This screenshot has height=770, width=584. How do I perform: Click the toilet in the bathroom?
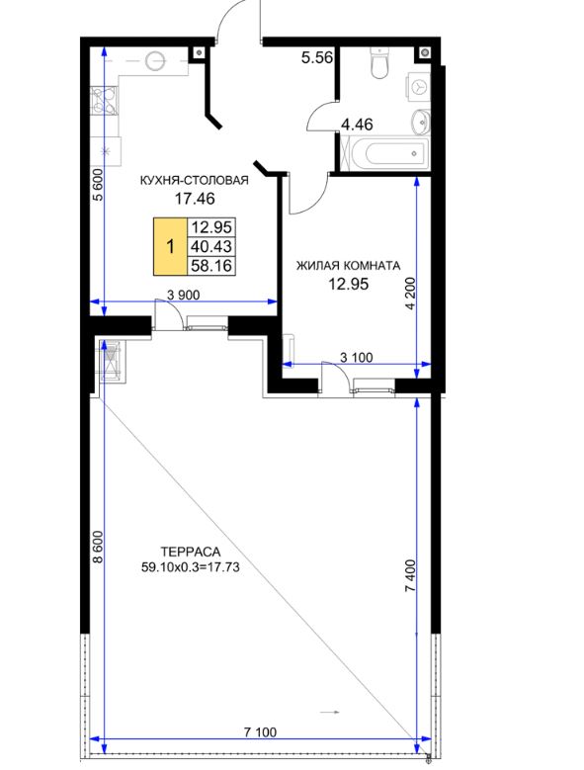[x=379, y=63]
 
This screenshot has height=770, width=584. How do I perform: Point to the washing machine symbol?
[x=418, y=88]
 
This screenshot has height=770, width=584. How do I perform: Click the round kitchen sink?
[x=156, y=61]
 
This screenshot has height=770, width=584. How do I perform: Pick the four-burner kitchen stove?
[x=105, y=101]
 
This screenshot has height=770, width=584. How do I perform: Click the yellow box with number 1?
[x=171, y=246]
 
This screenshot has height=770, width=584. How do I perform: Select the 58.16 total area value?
[x=211, y=266]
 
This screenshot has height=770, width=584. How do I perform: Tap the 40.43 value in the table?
[x=211, y=246]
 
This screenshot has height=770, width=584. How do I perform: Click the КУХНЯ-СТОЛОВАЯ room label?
[x=195, y=180]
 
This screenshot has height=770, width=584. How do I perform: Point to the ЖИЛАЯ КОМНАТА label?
[x=348, y=266]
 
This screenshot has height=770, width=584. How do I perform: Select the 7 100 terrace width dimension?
[x=261, y=732]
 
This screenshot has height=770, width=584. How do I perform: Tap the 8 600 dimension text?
[x=98, y=547]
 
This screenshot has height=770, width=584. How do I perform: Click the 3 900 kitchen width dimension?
[x=184, y=295]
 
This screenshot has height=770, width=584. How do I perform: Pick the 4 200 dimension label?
[x=410, y=294]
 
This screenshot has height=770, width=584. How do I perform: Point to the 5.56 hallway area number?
[x=317, y=58]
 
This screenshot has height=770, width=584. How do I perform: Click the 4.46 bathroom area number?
[x=357, y=125]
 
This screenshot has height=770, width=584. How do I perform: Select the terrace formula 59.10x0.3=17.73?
[x=191, y=567]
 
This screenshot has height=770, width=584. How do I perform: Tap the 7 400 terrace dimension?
[x=410, y=576]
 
